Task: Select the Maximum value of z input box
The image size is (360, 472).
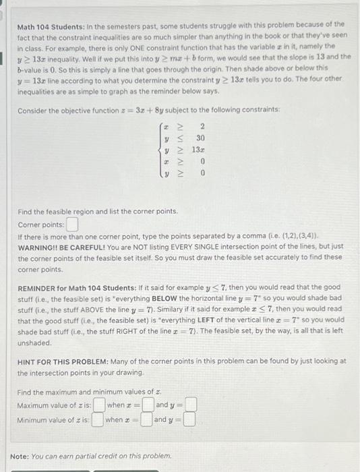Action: coord(98,405)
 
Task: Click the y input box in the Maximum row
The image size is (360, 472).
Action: coord(191,405)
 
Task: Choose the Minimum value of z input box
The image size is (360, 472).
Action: coord(98,420)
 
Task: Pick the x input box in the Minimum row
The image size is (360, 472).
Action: coord(146,420)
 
